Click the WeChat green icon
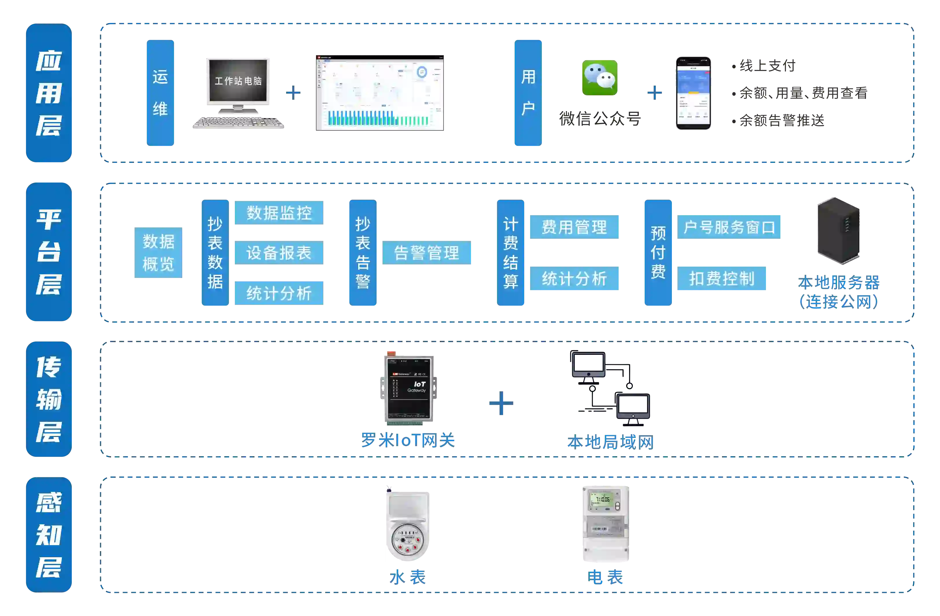tap(599, 78)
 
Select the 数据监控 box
tap(279, 213)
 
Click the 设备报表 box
tap(279, 253)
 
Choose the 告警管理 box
tap(427, 253)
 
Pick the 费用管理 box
tap(575, 227)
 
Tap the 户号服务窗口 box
tap(729, 227)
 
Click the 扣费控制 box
tap(722, 279)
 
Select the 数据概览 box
tap(158, 253)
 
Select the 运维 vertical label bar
tap(160, 93)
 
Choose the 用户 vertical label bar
tap(528, 93)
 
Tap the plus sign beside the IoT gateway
tap(501, 403)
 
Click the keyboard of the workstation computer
tap(238, 122)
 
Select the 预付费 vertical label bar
tap(658, 253)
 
